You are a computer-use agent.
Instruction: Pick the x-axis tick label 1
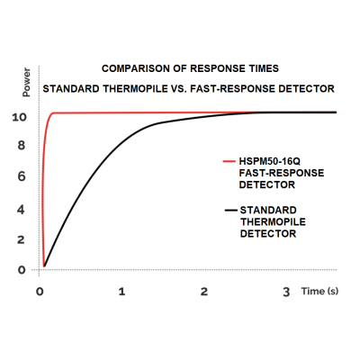pyautogui.click(x=121, y=292)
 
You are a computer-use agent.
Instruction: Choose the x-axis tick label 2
pyautogui.click(x=204, y=292)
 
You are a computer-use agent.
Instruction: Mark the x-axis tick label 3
pyautogui.click(x=286, y=292)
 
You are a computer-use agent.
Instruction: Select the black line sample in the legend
pyautogui.click(x=228, y=210)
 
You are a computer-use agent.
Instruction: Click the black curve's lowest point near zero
pyautogui.click(x=46, y=265)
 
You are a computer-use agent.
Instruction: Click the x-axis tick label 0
pyautogui.click(x=40, y=292)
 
